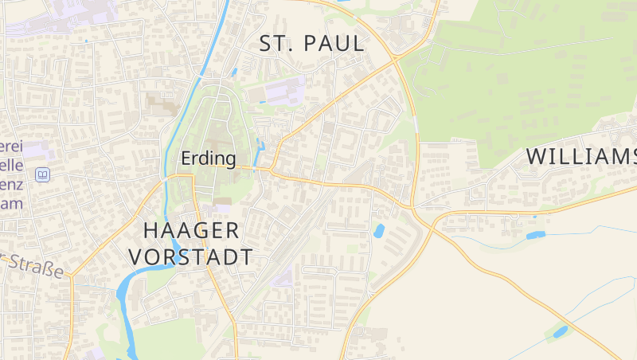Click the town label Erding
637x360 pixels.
pyautogui.click(x=209, y=158)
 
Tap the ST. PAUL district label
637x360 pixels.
pyautogui.click(x=312, y=44)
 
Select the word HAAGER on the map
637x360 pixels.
pyautogui.click(x=191, y=231)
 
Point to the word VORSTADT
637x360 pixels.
pyautogui.click(x=191, y=256)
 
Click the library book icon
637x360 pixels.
pyautogui.click(x=43, y=174)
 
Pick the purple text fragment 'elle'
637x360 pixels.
pyautogui.click(x=11, y=165)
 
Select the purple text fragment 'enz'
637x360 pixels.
pyautogui.click(x=11, y=184)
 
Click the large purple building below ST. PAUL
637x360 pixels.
pyautogui.click(x=283, y=90)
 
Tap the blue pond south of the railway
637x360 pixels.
pyautogui.click(x=379, y=232)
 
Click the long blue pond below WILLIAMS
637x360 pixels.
pyautogui.click(x=535, y=235)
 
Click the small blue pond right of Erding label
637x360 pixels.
pyautogui.click(x=260, y=147)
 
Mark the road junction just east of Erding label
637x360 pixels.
pyautogui.click(x=270, y=169)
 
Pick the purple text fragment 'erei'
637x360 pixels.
pyautogui.click(x=10, y=147)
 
